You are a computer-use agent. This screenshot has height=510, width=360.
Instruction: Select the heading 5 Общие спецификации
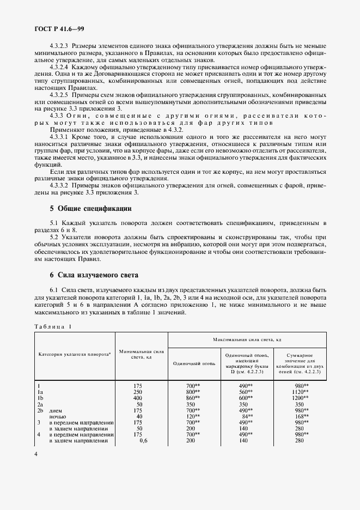tap(90, 209)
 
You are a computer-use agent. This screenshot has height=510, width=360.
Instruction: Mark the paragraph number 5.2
tap(56, 237)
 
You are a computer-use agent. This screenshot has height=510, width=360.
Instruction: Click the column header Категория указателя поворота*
tap(75, 354)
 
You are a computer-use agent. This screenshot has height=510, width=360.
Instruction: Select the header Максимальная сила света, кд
tap(247, 339)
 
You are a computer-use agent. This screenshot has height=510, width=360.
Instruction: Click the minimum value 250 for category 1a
tap(138, 391)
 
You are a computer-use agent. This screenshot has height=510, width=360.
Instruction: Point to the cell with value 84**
tap(247, 416)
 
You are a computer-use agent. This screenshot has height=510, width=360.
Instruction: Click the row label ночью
tap(57, 416)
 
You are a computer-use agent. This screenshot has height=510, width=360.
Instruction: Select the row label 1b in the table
tap(40, 398)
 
